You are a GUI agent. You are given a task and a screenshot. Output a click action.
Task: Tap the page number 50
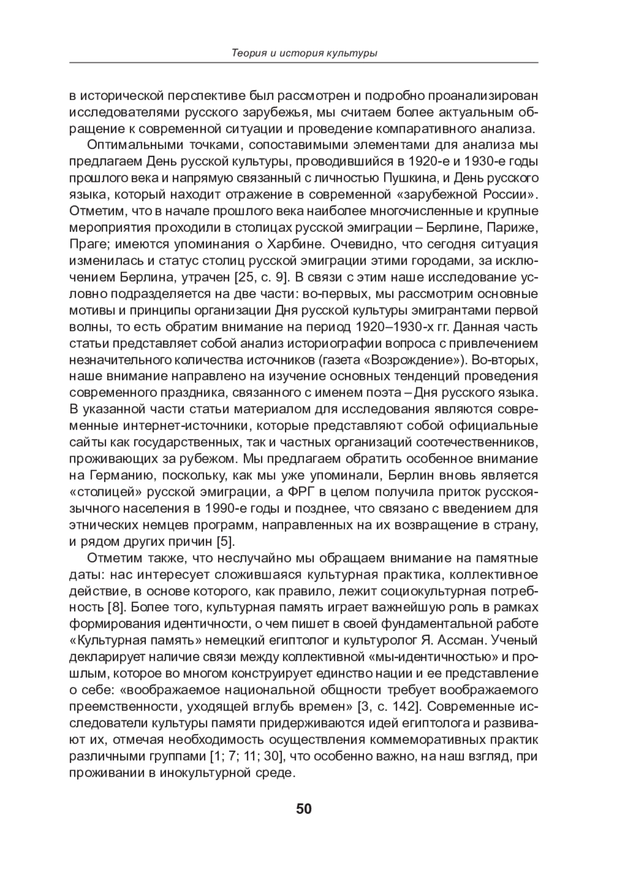pyautogui.click(x=304, y=809)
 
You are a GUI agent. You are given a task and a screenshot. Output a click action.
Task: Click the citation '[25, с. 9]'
pyautogui.click(x=261, y=277)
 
